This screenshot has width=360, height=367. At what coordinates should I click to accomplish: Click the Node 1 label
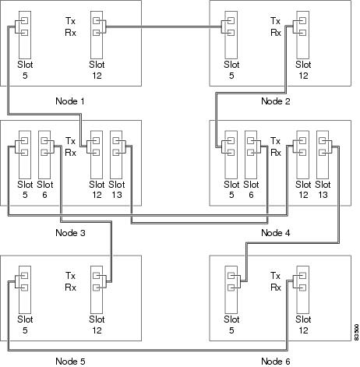coord(70,101)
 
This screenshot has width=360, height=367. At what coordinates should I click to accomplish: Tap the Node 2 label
coord(276,101)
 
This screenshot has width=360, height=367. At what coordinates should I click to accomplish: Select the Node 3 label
coord(70,233)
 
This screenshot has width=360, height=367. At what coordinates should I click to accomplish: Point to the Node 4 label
coord(276,233)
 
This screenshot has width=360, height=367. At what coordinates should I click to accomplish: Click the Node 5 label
coord(70,362)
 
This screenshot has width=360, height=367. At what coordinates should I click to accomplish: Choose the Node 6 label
coord(276,362)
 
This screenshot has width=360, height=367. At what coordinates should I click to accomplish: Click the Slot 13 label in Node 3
coord(117,189)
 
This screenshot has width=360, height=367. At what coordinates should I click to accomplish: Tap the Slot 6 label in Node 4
coord(251,189)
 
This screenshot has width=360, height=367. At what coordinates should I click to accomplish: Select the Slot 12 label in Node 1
coord(97,70)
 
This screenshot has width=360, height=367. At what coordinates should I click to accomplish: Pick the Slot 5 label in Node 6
coord(231,325)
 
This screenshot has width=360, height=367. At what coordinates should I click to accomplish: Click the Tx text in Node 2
coord(276,21)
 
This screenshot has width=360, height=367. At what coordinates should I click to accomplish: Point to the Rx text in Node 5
coord(70,288)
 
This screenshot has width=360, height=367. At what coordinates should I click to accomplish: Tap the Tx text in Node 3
coord(70,141)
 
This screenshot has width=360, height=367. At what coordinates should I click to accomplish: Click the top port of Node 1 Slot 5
coord(24,20)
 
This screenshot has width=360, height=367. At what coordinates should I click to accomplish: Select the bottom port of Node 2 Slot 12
coord(302,33)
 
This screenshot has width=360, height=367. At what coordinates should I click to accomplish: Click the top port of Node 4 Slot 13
coord(322,140)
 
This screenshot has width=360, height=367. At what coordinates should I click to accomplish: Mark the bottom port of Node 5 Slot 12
coord(97,288)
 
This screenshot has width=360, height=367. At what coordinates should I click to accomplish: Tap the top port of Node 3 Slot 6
coord(44,140)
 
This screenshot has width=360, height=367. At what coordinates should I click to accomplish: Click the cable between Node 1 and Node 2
coord(164,26)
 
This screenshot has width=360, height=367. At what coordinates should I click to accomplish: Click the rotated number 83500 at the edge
coord(357,332)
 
